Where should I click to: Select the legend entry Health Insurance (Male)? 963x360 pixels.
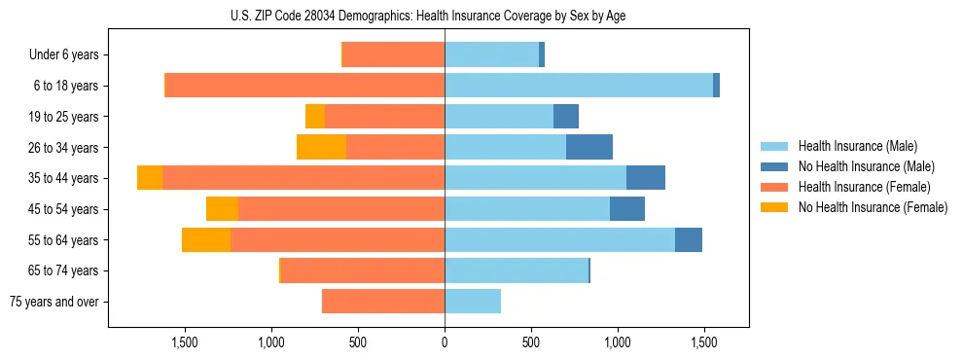click(x=857, y=146)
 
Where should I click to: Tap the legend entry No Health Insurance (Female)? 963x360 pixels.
click(x=873, y=207)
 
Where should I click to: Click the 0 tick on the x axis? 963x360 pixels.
click(x=445, y=342)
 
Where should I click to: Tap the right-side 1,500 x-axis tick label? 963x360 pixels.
click(x=704, y=342)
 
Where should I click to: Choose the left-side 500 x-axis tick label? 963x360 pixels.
click(x=358, y=342)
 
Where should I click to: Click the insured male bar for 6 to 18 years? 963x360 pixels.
click(x=579, y=86)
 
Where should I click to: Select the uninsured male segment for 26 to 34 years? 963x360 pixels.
click(x=589, y=147)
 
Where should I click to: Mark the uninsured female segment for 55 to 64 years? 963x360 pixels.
click(x=206, y=239)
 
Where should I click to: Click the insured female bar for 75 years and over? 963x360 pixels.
click(x=383, y=302)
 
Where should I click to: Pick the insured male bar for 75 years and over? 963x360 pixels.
click(x=473, y=302)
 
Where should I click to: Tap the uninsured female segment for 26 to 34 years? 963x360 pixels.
click(x=321, y=147)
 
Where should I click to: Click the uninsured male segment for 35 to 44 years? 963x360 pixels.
click(x=646, y=178)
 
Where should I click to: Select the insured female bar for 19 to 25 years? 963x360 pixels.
click(x=384, y=117)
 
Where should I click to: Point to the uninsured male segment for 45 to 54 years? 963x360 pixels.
click(x=627, y=209)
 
